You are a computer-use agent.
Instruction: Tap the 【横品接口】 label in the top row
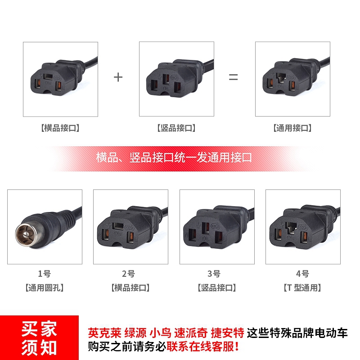60,128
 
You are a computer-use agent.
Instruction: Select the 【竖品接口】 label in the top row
176,128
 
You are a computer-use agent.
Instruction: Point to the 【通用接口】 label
292,128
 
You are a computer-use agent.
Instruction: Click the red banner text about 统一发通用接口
174,158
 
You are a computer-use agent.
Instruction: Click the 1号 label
45,273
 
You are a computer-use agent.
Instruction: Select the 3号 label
216,273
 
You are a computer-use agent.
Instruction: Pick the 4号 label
303,273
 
